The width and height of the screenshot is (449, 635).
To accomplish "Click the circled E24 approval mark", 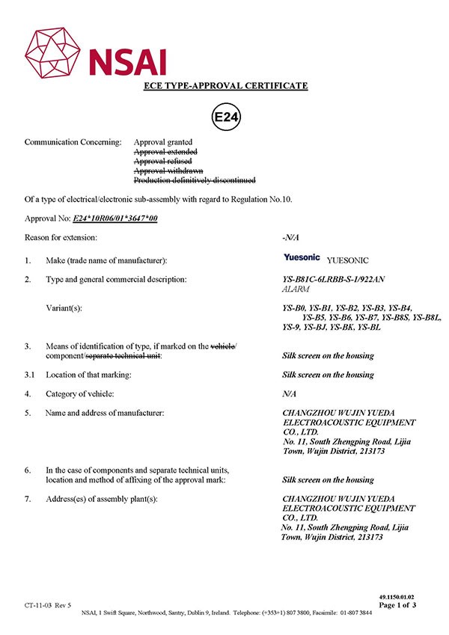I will (x=226, y=118).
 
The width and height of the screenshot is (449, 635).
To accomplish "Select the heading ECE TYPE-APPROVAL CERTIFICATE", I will (x=225, y=86).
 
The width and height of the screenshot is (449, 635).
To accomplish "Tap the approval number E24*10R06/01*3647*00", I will (x=115, y=218).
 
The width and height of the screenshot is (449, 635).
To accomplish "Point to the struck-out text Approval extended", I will (x=163, y=151).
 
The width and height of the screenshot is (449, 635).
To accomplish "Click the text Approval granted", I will (x=163, y=141).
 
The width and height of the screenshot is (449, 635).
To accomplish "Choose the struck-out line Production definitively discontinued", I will (x=195, y=180).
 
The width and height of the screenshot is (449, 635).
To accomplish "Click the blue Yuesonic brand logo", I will (x=302, y=258).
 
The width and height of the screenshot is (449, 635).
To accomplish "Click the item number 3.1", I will (x=31, y=375).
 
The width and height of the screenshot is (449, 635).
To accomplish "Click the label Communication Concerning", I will (x=73, y=141).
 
